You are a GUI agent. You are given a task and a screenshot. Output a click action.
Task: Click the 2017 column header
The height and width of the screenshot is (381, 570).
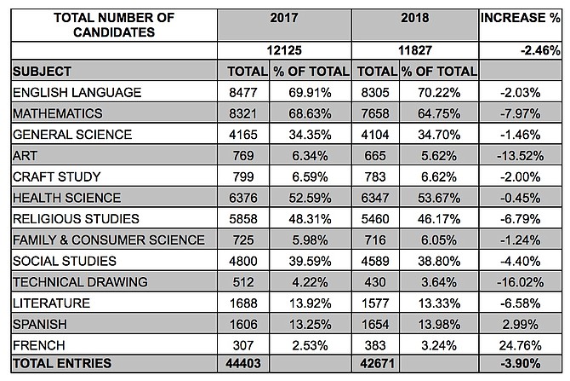[284, 18]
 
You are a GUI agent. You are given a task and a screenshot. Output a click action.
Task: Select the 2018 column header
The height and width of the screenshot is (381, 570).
[415, 18]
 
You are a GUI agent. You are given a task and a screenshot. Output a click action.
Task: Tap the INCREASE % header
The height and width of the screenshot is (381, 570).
[520, 18]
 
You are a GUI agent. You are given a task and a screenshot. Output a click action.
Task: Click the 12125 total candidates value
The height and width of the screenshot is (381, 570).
[284, 50]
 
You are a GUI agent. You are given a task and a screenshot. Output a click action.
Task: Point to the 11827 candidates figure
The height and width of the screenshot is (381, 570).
[415, 50]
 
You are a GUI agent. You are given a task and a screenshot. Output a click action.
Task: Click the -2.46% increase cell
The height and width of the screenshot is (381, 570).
[540, 50]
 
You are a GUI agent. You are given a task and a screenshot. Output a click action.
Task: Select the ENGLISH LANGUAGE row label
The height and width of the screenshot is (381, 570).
[77, 93]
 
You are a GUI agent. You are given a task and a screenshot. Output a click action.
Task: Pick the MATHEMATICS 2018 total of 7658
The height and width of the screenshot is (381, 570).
[375, 113]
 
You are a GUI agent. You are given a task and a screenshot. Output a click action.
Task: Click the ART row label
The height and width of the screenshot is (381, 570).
[25, 156]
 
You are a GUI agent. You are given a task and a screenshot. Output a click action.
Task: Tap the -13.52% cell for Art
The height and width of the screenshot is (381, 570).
[520, 156]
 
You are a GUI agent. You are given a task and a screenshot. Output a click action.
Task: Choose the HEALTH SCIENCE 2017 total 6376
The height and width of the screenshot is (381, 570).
[243, 198]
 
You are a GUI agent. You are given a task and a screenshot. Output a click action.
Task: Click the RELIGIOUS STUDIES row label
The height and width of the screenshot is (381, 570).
[76, 219]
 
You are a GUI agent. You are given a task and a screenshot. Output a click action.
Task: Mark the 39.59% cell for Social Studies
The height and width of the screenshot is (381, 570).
[310, 261]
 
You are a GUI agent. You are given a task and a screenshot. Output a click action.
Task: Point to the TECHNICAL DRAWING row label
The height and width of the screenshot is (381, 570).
[80, 282]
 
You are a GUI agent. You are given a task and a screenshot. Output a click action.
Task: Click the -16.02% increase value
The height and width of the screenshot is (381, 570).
[520, 282]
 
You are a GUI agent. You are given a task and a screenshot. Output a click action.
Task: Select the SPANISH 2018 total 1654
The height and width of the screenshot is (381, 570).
[375, 324]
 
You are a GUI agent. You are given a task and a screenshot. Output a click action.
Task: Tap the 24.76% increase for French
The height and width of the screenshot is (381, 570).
[520, 345]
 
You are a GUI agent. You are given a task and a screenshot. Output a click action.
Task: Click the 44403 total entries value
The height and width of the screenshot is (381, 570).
[243, 363]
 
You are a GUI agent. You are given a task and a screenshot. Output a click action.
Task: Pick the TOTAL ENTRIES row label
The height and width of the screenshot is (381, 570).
[62, 363]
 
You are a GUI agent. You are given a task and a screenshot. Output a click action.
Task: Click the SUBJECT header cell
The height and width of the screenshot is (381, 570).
[42, 72]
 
